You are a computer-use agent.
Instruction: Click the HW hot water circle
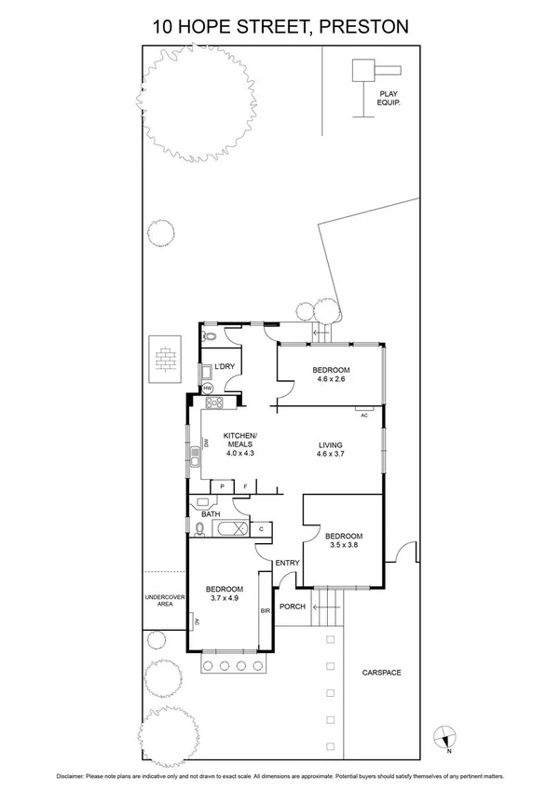[208, 388]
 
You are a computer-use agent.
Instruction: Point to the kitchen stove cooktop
[213, 403]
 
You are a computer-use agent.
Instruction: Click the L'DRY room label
[225, 367]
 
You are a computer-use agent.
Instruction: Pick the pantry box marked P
[223, 486]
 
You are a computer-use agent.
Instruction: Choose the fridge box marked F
[246, 486]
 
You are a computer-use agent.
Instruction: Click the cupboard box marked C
[261, 528]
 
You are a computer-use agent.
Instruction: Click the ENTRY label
[287, 562]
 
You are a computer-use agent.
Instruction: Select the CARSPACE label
[381, 671]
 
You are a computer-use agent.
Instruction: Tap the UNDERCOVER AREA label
[165, 600]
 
